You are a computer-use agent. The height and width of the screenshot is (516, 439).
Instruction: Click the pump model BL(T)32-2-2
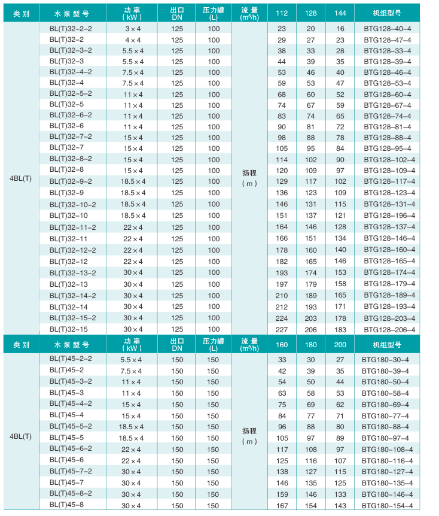pyautogui.click(x=71, y=28)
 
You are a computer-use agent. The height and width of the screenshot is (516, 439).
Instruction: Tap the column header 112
pyautogui.click(x=282, y=13)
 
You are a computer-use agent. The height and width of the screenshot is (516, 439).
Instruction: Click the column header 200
pyautogui.click(x=340, y=344)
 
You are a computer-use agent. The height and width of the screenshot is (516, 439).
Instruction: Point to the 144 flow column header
pyautogui.click(x=340, y=13)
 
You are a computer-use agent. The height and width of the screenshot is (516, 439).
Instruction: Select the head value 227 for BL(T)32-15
pyautogui.click(x=282, y=329)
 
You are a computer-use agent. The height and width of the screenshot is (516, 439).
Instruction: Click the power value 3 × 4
pyautogui.click(x=133, y=29)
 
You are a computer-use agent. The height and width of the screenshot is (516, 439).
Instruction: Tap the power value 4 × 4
pyautogui.click(x=133, y=40)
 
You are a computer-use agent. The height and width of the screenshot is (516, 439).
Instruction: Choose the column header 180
pyautogui.click(x=311, y=344)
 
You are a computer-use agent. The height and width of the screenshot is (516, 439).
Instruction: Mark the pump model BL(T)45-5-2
pyautogui.click(x=71, y=426)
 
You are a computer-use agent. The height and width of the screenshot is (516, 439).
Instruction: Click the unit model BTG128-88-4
pyautogui.click(x=390, y=138)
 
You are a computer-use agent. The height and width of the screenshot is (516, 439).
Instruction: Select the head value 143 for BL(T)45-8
pyautogui.click(x=340, y=506)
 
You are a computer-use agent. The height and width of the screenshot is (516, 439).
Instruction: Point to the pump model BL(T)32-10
pyautogui.click(x=68, y=215)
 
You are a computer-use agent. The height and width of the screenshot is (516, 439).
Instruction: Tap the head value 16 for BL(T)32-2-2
pyautogui.click(x=340, y=29)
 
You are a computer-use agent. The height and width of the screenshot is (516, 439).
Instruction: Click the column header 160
pyautogui.click(x=282, y=344)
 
